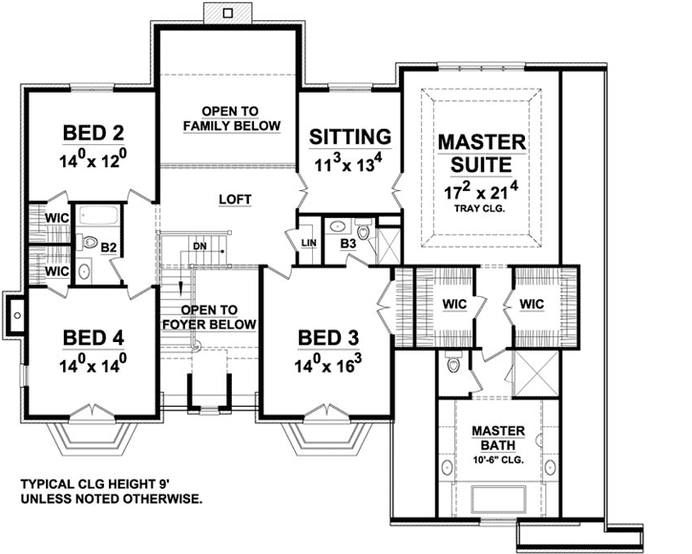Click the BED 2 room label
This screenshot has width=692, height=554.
coord(94,131)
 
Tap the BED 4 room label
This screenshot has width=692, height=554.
coord(94,338)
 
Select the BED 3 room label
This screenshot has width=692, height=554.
coord(328,338)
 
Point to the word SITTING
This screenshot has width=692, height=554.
coord(350,136)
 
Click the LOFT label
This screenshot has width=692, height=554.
coord(235,200)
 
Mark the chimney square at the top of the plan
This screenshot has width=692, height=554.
coord(227,12)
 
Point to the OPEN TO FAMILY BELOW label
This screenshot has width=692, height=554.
coord(231,117)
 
